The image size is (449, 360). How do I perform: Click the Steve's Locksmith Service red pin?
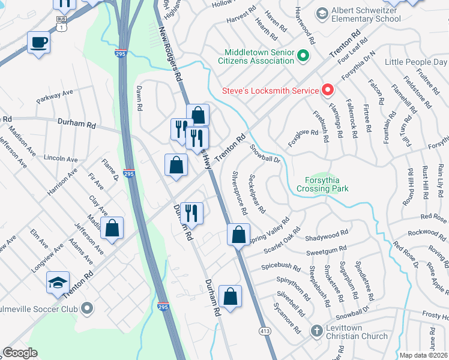point(328,91)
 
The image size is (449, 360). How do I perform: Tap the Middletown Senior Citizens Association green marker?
point(304,57)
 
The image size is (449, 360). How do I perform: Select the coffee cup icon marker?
point(39,43)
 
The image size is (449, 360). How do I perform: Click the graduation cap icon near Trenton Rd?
point(58,283)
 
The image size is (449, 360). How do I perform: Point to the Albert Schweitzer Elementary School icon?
point(322,13)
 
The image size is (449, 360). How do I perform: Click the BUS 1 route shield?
point(61,23)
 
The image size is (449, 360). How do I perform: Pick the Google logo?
point(20,353)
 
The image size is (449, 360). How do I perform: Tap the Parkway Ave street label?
point(54,96)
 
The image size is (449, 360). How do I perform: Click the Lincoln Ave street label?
point(61,160)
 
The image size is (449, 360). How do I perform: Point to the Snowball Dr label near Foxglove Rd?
point(265,152)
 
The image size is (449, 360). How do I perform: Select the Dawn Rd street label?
point(139,98)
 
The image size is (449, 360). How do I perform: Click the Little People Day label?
point(415,62)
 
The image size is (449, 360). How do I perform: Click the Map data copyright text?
point(423,355)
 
